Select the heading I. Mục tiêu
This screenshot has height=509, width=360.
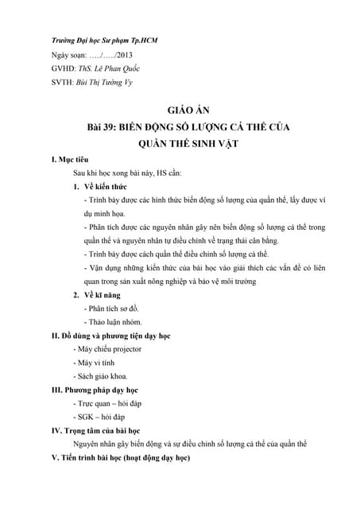75,159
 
